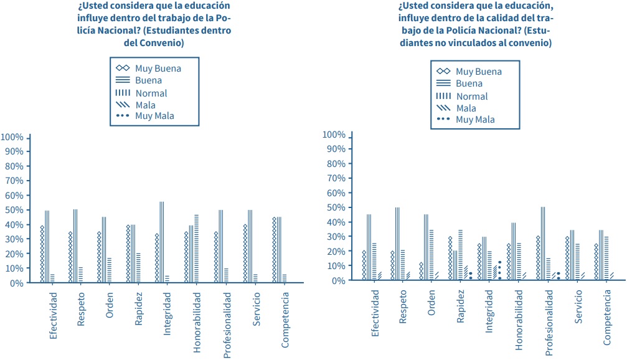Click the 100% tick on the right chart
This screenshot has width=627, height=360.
point(334,135)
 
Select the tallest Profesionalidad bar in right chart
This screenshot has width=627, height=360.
point(543,244)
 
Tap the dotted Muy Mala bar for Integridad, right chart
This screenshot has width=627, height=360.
point(499,270)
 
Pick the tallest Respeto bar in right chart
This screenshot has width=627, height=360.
point(397,244)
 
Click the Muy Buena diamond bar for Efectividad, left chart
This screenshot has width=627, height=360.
point(42,254)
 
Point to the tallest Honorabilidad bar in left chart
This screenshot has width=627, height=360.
point(197,249)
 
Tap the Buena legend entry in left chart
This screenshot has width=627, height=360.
point(148,80)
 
